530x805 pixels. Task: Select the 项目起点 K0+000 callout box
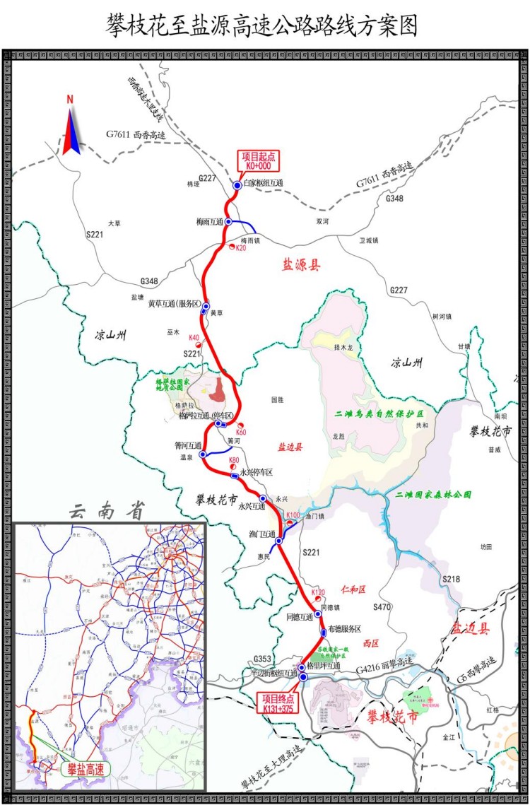(258, 161)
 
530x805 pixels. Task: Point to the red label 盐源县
(302, 265)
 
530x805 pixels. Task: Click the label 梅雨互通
(210, 222)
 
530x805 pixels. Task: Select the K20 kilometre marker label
(240, 248)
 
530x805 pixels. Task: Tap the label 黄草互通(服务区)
(175, 304)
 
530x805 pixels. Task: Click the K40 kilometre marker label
(194, 338)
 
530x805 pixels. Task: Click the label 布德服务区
(344, 628)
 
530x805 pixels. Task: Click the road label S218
(451, 579)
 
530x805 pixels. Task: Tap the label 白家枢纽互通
(263, 183)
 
